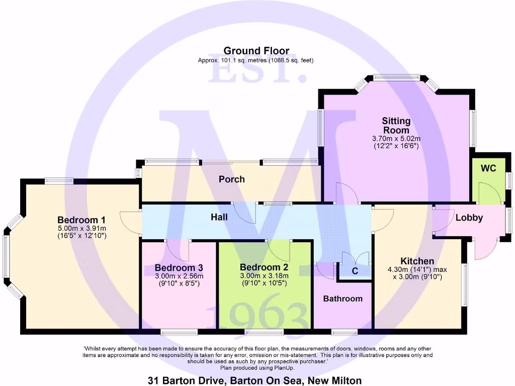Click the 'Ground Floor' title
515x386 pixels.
click(x=256, y=51)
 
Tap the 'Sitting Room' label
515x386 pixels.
click(x=396, y=126)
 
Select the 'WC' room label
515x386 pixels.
click(x=488, y=168)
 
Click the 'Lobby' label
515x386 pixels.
click(x=469, y=218)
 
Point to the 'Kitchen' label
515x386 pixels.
click(x=417, y=261)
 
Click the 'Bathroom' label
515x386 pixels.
click(x=342, y=299)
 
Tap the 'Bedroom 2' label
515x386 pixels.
click(x=264, y=267)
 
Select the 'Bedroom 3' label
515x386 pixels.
click(x=179, y=268)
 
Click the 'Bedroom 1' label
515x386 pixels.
click(x=81, y=220)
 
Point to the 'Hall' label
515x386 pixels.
click(x=219, y=217)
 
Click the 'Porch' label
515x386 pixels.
click(x=231, y=179)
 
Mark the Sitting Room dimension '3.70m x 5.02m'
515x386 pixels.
click(x=396, y=138)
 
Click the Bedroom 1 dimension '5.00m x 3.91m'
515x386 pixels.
click(x=81, y=228)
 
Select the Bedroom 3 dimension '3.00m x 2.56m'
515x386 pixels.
click(x=179, y=276)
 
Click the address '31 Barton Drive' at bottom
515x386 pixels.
click(x=184, y=380)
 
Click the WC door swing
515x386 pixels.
click(x=486, y=193)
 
